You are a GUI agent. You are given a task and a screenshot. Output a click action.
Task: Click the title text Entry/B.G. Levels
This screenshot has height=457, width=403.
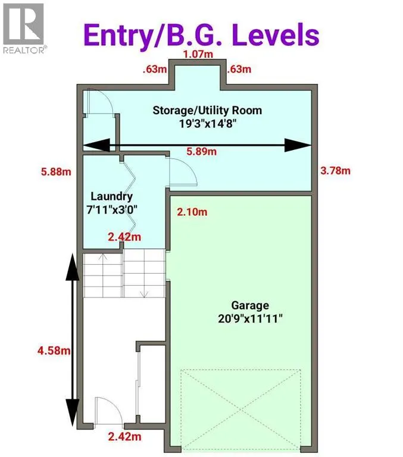coord(201,35)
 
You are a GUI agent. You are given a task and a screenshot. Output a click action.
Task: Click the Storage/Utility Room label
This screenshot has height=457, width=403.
coord(207,110)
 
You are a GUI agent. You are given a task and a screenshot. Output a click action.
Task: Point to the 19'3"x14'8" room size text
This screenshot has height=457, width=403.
coord(207,123)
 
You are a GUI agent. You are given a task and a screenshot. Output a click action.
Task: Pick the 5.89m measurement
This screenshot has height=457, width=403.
coord(201,152)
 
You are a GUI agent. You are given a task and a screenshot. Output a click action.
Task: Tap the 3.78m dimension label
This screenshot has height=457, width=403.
coord(336,171)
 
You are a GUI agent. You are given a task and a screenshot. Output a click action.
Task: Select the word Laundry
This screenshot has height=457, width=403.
coord(111,196)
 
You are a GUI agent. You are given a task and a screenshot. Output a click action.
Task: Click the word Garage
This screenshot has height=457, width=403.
coord(242,306)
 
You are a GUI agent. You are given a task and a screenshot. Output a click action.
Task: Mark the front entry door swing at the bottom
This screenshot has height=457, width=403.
coord(107,410)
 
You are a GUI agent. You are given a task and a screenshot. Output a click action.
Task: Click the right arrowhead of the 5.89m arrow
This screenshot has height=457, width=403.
coord(298,145)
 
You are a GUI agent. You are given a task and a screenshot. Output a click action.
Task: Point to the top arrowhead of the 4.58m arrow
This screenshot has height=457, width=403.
coord(72,271)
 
